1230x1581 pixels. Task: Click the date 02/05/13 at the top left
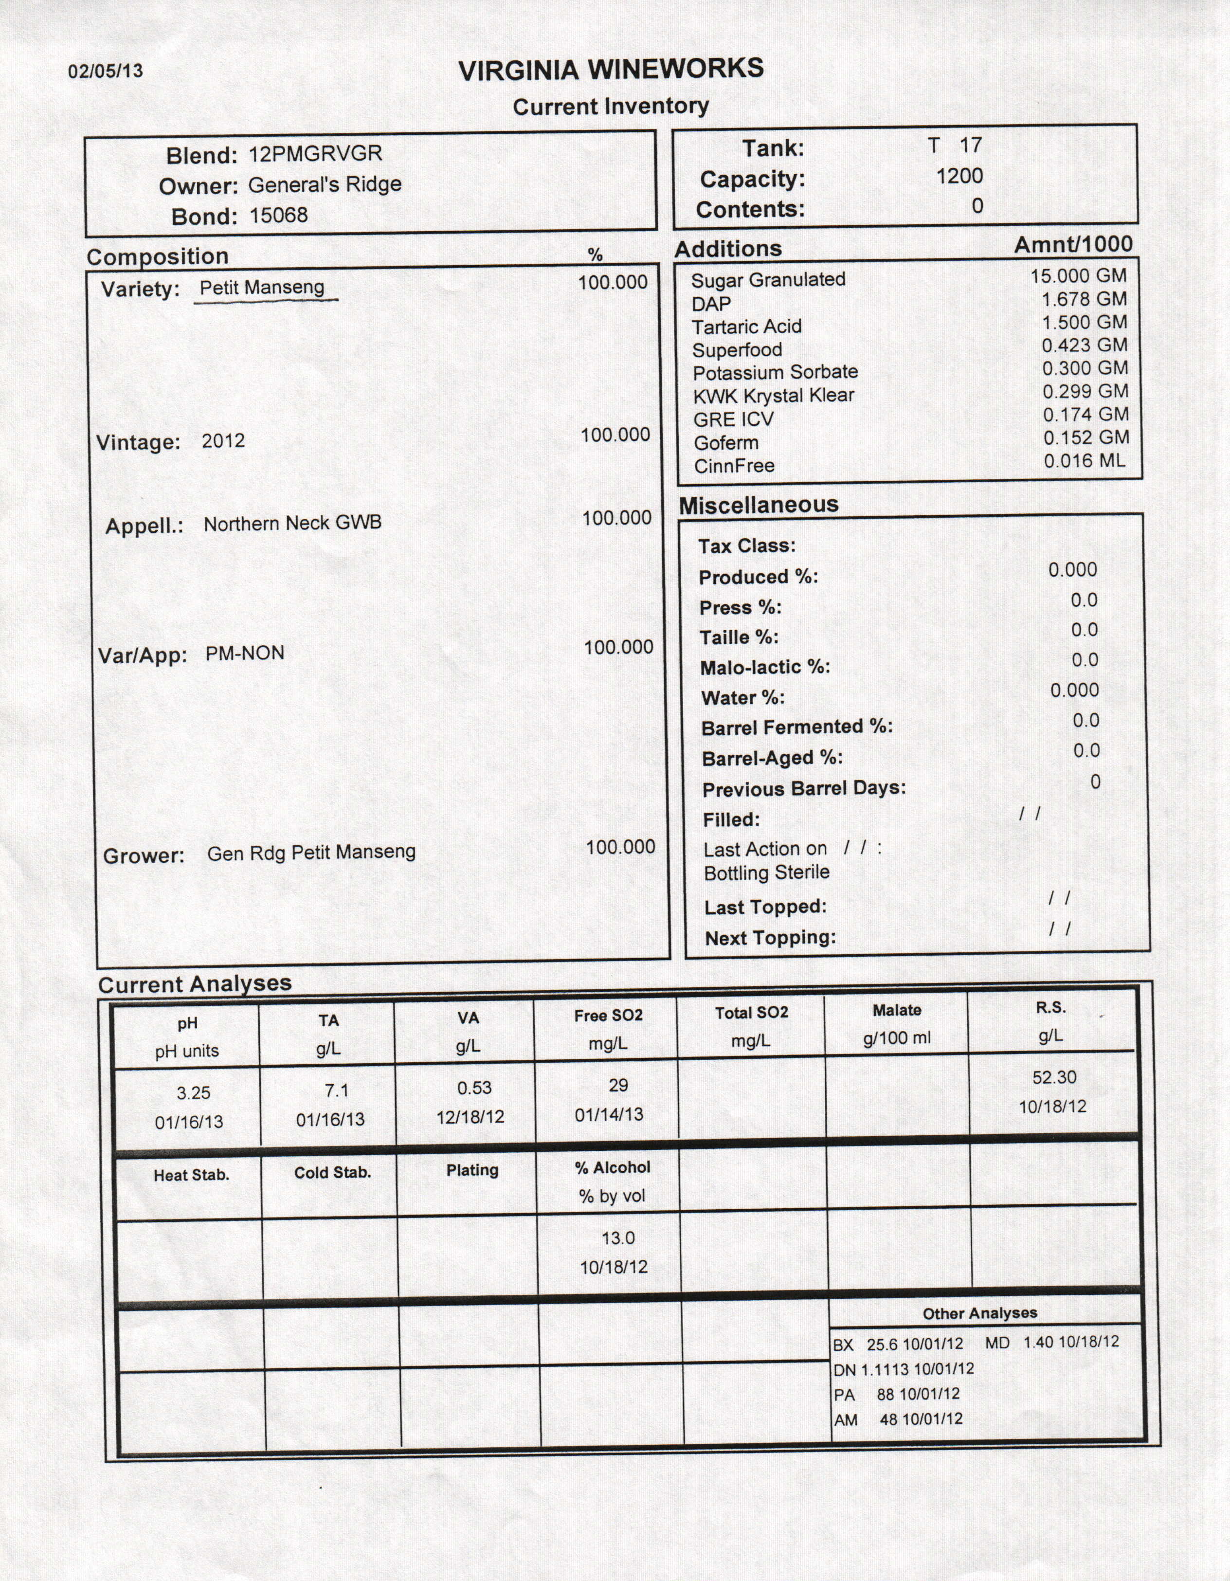pyautogui.click(x=106, y=71)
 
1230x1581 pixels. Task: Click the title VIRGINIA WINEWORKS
pyautogui.click(x=611, y=70)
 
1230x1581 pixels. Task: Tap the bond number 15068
pyautogui.click(x=279, y=215)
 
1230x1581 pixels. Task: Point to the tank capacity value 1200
pyautogui.click(x=959, y=176)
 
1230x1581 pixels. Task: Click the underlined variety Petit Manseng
pyautogui.click(x=262, y=288)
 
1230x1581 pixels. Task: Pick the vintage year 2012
pyautogui.click(x=223, y=441)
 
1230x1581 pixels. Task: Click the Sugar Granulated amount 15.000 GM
pyautogui.click(x=1079, y=276)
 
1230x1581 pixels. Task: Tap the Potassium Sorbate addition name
pyautogui.click(x=775, y=373)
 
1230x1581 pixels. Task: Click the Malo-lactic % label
pyautogui.click(x=764, y=668)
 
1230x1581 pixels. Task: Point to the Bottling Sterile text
pyautogui.click(x=766, y=872)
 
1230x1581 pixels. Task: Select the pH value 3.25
pyautogui.click(x=193, y=1092)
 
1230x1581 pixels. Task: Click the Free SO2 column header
pyautogui.click(x=608, y=1016)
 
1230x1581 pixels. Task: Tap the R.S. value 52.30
pyautogui.click(x=1054, y=1077)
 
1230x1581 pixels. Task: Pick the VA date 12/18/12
pyautogui.click(x=470, y=1117)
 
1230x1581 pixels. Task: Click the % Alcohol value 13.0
pyautogui.click(x=617, y=1238)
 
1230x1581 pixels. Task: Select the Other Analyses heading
pyautogui.click(x=979, y=1313)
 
